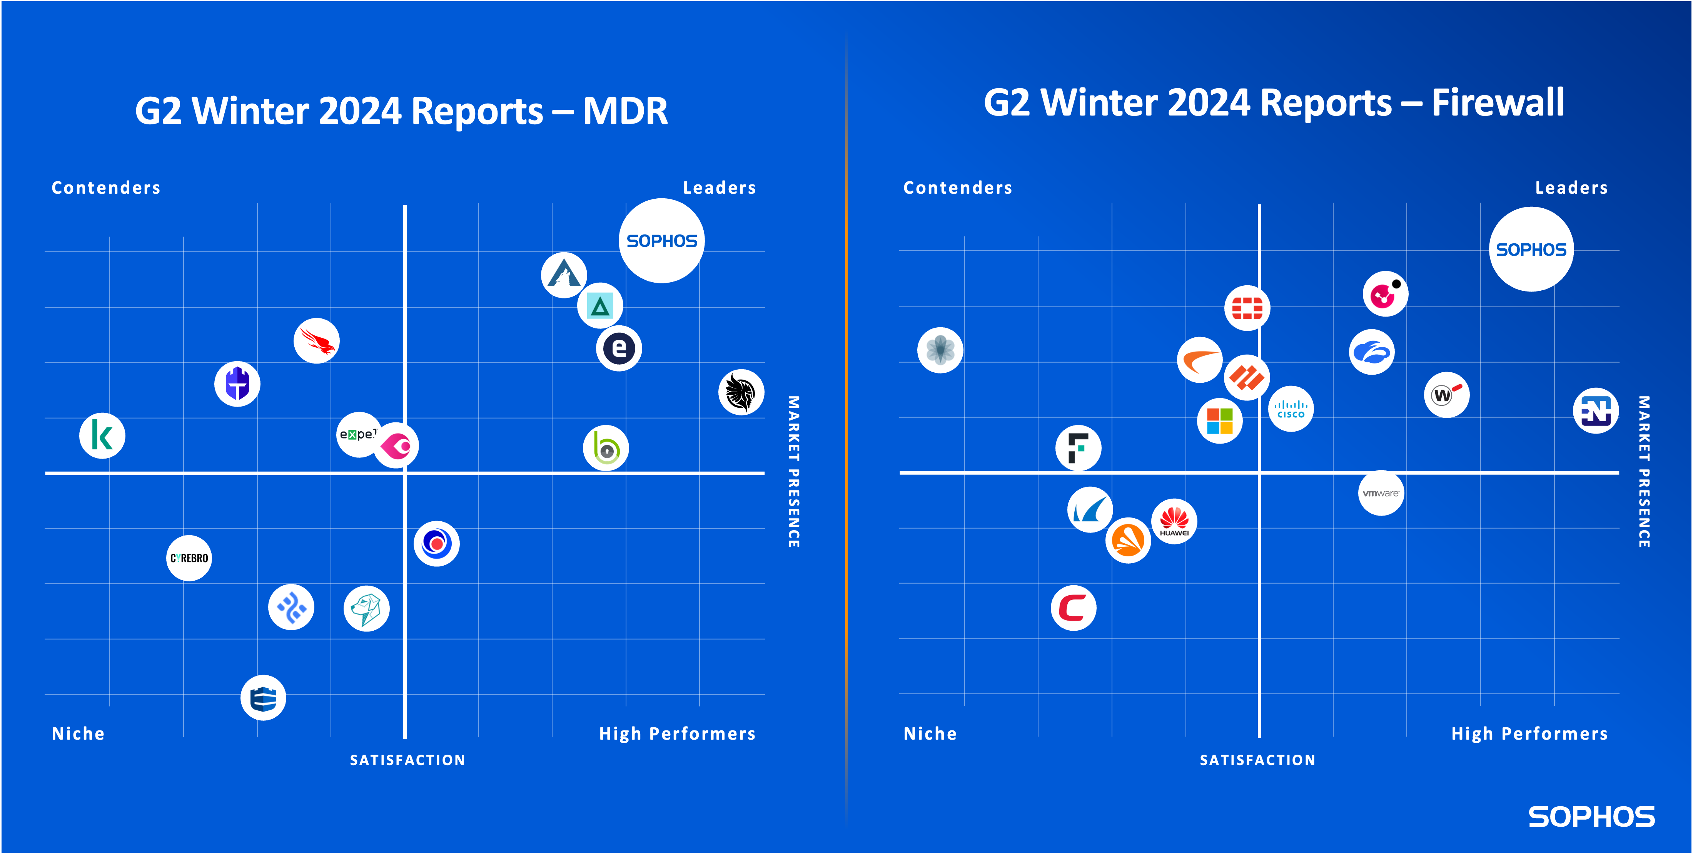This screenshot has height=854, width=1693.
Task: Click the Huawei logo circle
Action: tap(1174, 521)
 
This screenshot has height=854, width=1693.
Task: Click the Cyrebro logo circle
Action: tap(189, 558)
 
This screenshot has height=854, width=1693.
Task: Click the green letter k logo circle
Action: tap(102, 436)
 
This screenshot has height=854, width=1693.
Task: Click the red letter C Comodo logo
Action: tap(1073, 608)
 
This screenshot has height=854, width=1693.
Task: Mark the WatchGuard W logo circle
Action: tap(1446, 395)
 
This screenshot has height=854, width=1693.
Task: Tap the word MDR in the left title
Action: tap(624, 111)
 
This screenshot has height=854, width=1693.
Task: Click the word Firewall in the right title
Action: tap(1498, 103)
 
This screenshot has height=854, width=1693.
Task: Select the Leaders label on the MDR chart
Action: tap(719, 188)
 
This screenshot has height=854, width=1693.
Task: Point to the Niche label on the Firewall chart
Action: tap(930, 734)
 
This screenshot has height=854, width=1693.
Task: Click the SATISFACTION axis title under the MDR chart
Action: tap(407, 760)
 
